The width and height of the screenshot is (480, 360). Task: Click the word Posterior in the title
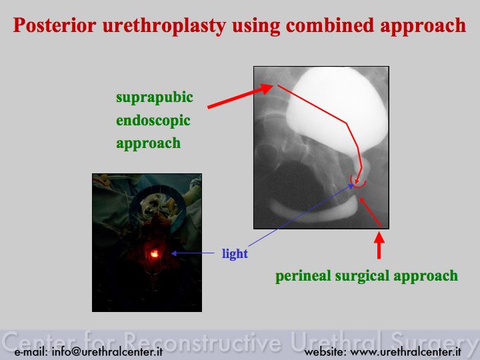coord(55,25)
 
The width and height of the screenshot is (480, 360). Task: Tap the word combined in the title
coord(330,25)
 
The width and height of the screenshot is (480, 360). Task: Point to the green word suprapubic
coord(155,98)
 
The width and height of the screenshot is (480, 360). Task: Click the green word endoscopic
coord(153,121)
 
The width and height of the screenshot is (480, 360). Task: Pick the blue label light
coord(235,254)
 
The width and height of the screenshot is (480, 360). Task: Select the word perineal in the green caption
coord(303,276)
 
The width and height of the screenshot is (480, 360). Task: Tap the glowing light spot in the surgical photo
coord(155,253)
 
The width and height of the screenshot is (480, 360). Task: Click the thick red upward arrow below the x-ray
coord(379,245)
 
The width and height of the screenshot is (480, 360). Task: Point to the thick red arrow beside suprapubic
coord(240,96)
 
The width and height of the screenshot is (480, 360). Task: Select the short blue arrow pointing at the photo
coord(193,253)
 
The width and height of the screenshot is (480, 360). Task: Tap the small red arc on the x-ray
coord(358,183)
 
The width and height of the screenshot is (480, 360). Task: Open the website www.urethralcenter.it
coord(405,352)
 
